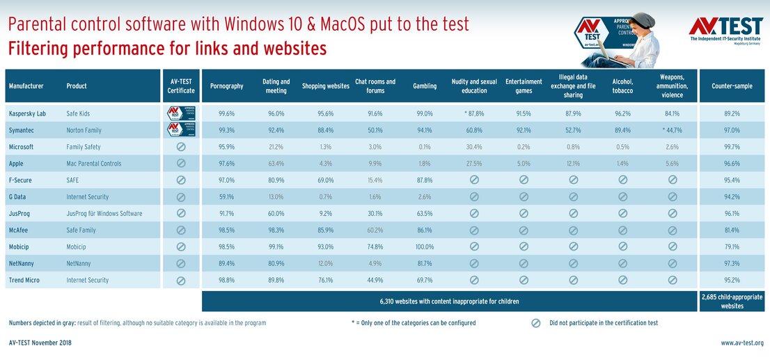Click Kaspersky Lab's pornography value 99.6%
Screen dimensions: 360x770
[x=226, y=114]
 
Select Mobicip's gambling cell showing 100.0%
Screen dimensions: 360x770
[x=424, y=247]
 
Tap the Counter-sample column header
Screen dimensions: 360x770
[x=731, y=86]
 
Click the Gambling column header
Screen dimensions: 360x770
[x=424, y=86]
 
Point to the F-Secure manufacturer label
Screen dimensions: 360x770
[x=22, y=180]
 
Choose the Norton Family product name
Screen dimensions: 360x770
[x=87, y=130]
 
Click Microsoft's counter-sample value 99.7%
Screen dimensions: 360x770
[x=731, y=147]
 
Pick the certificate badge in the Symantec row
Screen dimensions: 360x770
[x=180, y=130]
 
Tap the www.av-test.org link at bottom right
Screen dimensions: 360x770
[x=742, y=343]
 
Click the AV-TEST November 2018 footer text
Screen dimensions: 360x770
[x=40, y=343]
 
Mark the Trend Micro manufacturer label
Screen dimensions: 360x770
[x=26, y=281]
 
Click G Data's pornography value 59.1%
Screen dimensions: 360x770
[x=226, y=197]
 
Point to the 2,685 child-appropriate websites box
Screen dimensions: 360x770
[x=731, y=302]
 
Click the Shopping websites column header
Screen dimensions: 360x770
[x=326, y=86]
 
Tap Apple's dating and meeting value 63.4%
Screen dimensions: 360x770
[x=276, y=164]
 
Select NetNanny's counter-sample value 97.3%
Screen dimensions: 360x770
[x=731, y=264]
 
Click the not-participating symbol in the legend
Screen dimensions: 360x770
[x=535, y=323]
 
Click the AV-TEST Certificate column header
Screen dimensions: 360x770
[x=180, y=86]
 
